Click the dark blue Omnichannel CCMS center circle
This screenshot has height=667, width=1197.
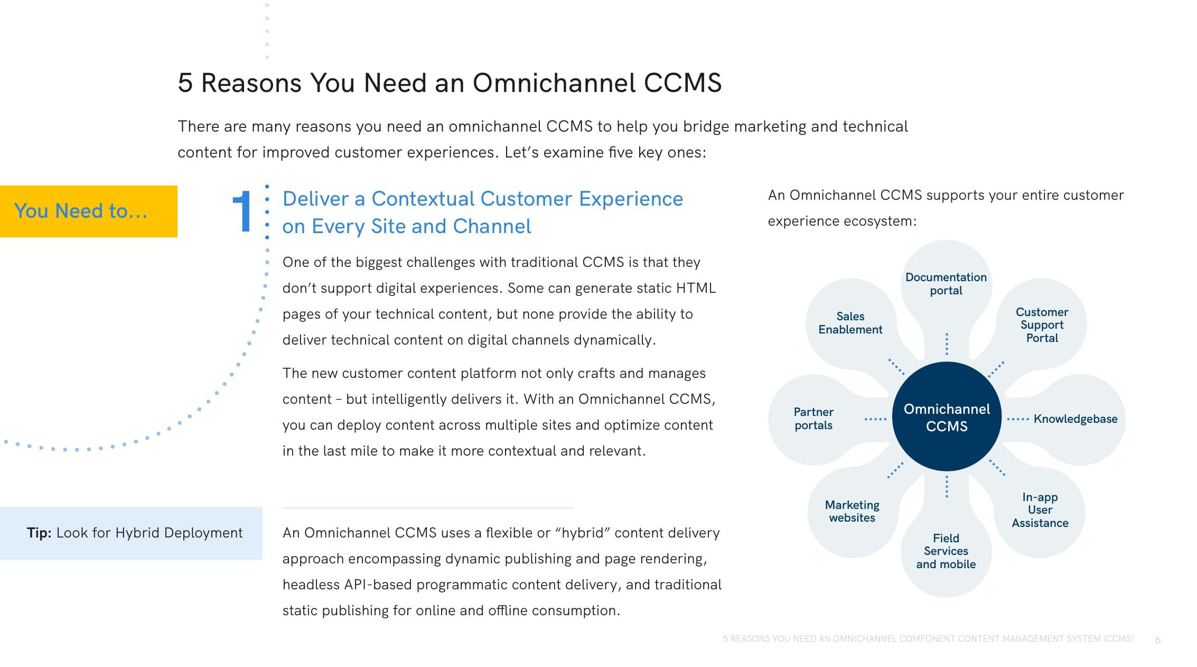point(946,416)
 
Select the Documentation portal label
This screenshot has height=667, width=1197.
point(946,284)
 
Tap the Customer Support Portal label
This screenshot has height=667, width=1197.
point(1042,325)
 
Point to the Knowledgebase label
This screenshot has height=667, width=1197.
point(1075,419)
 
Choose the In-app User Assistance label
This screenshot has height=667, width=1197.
point(1040,510)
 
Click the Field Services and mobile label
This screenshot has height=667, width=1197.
point(946,551)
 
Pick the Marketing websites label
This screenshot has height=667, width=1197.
point(852,512)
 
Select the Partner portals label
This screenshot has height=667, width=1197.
point(813,419)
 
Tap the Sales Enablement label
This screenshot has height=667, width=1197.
point(850,323)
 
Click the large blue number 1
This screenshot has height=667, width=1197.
point(242,211)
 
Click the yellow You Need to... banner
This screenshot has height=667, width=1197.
point(89,211)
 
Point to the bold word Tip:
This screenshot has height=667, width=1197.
point(39,533)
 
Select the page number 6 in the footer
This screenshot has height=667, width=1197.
point(1157,640)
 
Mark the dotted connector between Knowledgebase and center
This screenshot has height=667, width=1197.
point(1018,419)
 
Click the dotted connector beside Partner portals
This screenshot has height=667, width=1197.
point(875,419)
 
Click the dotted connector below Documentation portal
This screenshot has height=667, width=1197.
point(947,344)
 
